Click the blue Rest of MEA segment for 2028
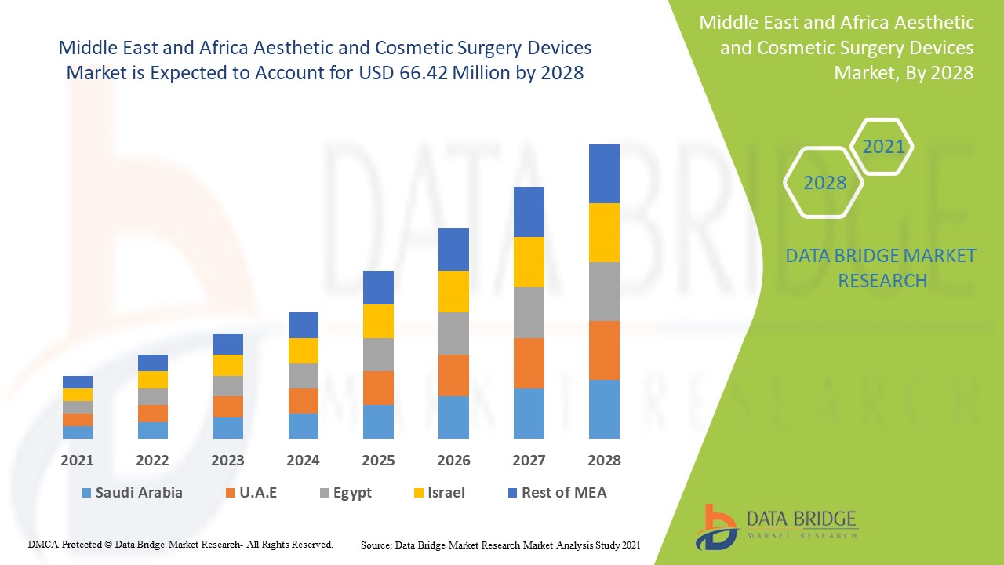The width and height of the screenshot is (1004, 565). (x=604, y=173)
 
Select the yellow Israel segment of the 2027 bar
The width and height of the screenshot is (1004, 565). (x=529, y=262)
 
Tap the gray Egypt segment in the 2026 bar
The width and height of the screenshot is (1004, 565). (x=453, y=334)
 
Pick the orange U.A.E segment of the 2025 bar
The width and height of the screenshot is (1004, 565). (x=378, y=388)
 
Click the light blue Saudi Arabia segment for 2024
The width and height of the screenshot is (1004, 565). (x=304, y=425)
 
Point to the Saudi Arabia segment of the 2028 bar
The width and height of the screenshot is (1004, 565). (x=604, y=409)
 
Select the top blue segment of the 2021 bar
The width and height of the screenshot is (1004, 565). (x=78, y=382)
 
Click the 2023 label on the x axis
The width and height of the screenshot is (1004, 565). (x=227, y=461)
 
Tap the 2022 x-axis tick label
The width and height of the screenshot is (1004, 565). (x=152, y=461)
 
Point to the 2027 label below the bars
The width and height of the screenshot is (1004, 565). (x=529, y=461)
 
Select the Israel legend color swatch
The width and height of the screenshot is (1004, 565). (x=419, y=494)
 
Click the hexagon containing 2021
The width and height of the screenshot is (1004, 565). (x=882, y=147)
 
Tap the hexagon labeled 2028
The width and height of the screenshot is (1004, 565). (x=824, y=183)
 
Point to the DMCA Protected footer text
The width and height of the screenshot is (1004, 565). (x=180, y=544)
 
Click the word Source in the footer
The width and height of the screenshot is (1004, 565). (x=376, y=545)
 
